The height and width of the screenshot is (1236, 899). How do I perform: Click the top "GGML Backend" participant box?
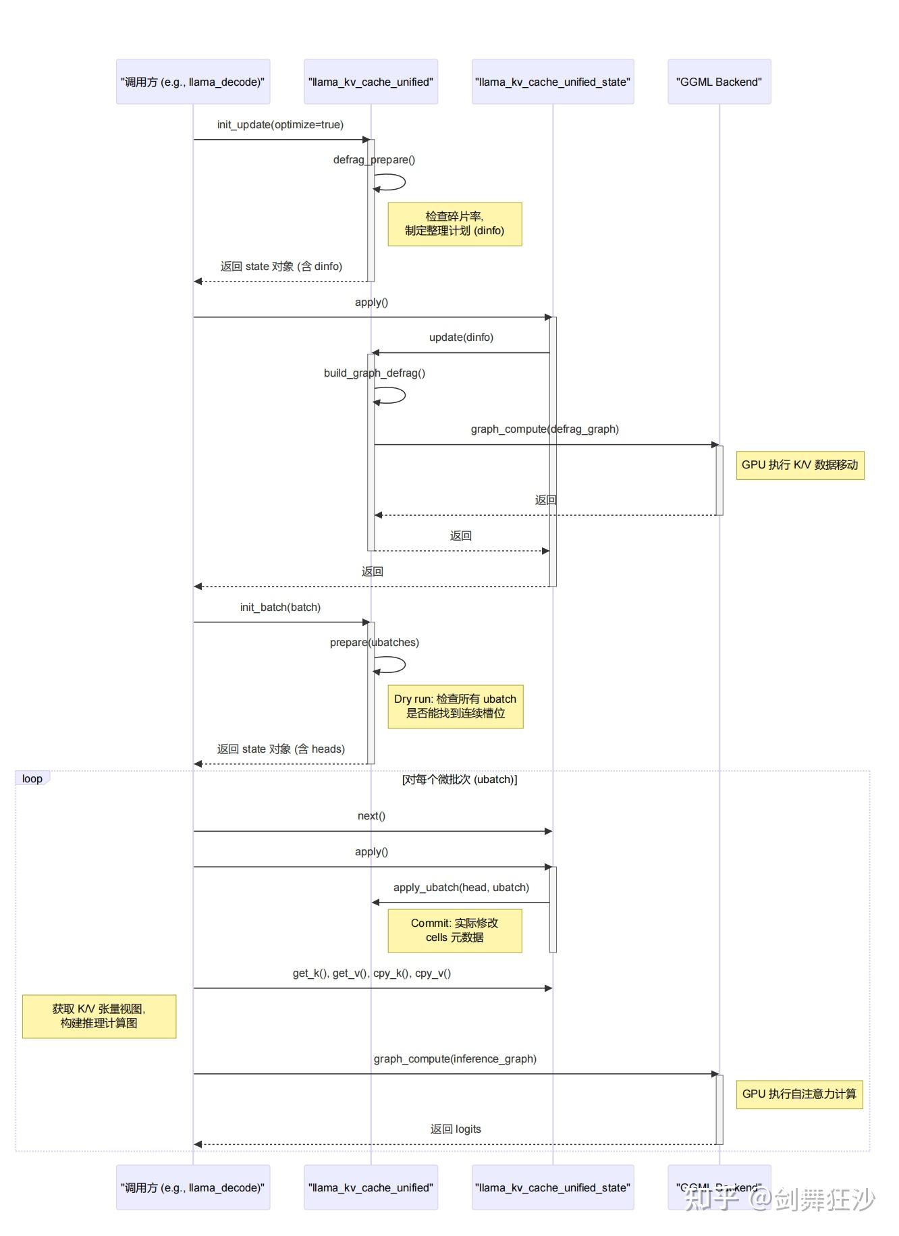(x=719, y=82)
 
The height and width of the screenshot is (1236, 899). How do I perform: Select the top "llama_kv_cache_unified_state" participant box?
(x=552, y=82)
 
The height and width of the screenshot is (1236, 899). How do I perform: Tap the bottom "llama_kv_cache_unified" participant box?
(x=371, y=1187)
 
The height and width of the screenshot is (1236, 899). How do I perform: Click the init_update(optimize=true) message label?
(x=280, y=125)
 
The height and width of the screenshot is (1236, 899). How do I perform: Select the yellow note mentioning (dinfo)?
(x=454, y=223)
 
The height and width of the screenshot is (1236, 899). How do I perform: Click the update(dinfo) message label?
(x=461, y=338)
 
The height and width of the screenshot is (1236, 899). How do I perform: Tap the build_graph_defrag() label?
(x=374, y=373)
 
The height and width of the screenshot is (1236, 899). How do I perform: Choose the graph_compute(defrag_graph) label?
(x=545, y=429)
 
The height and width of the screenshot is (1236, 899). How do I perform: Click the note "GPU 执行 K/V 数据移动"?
(x=800, y=465)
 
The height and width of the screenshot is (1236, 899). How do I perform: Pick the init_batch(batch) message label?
(x=280, y=608)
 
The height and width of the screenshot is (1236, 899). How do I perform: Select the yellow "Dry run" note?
(x=455, y=706)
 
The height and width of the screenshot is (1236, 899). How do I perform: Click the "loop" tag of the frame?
(x=32, y=779)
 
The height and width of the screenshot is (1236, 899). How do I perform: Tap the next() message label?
(x=371, y=816)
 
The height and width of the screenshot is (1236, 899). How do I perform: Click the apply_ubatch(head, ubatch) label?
(x=461, y=888)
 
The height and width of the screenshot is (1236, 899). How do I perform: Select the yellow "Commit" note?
(x=454, y=930)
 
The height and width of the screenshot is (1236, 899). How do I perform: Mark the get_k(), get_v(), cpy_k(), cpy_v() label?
(x=372, y=973)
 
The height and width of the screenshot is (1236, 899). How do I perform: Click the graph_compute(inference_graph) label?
(x=455, y=1059)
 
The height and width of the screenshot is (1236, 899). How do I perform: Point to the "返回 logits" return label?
(x=456, y=1129)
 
